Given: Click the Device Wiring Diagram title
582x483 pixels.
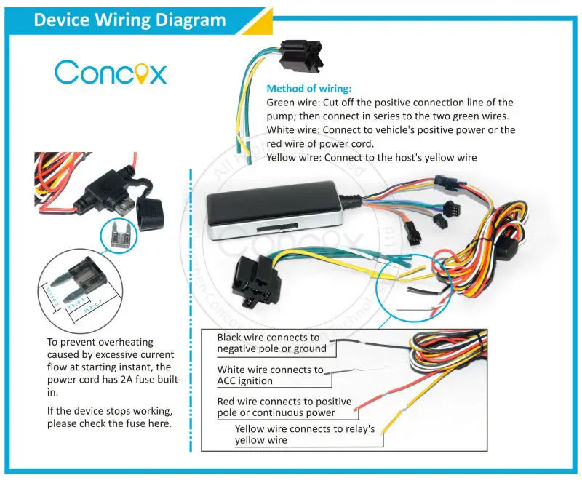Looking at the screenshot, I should coord(129,20).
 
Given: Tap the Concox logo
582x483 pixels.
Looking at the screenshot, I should coord(111,73).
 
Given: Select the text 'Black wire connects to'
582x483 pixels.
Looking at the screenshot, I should coord(268,338).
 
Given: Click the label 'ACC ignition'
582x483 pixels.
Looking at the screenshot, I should coord(244,380).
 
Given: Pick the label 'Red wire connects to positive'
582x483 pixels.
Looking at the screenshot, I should coord(284,402).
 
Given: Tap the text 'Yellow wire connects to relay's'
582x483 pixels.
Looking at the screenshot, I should coord(305,429).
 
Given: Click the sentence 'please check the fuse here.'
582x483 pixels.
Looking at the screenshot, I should coord(109,424).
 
